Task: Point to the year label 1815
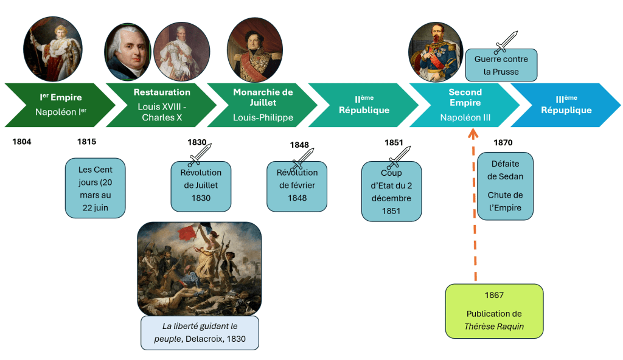pos(86,142)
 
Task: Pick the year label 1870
pos(503,143)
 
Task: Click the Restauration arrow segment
pos(162,105)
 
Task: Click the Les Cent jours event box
pos(96,188)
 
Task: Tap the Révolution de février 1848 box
pos(297,186)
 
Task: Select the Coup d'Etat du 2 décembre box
pos(391,191)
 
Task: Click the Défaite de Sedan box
pos(505,186)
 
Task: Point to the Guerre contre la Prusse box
pos(501,65)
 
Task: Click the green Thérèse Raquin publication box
pos(494,311)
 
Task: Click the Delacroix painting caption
pos(200,333)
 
